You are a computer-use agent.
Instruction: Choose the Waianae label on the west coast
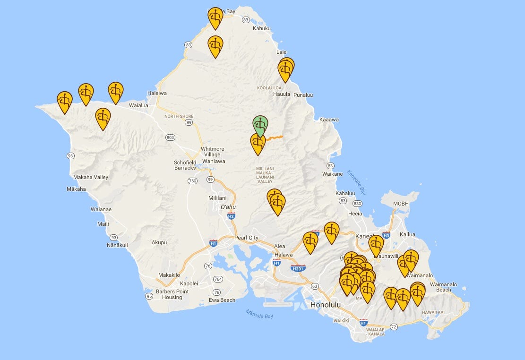[101, 209]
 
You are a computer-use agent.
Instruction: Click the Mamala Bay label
[259, 314]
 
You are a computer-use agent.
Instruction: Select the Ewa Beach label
[222, 300]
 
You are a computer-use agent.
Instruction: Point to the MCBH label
[401, 204]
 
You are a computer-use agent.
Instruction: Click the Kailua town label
[407, 234]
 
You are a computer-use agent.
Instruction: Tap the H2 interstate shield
[231, 216]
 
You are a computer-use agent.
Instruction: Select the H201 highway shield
[298, 268]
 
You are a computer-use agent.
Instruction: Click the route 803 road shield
[171, 137]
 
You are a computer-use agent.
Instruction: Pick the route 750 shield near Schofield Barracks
[192, 181]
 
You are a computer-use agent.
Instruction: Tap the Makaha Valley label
[91, 177]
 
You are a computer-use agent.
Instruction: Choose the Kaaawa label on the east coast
[329, 120]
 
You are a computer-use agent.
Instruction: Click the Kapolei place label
[189, 283]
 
